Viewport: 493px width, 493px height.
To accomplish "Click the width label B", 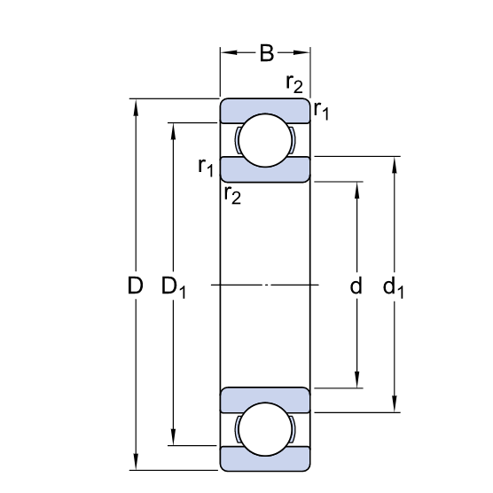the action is (267, 53).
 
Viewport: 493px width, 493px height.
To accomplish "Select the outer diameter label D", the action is (135, 286).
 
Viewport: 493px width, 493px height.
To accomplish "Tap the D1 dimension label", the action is (174, 287).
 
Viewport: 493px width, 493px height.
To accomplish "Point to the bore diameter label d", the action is (356, 286).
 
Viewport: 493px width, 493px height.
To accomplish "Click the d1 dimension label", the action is (393, 287).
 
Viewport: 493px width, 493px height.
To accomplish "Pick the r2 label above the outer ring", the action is (294, 84).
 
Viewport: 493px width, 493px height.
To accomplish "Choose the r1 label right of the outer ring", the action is (321, 111).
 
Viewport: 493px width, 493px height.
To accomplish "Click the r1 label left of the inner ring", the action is (206, 167).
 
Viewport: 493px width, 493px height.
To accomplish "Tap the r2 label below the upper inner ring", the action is (232, 195).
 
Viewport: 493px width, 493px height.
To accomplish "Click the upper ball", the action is (265, 140).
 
